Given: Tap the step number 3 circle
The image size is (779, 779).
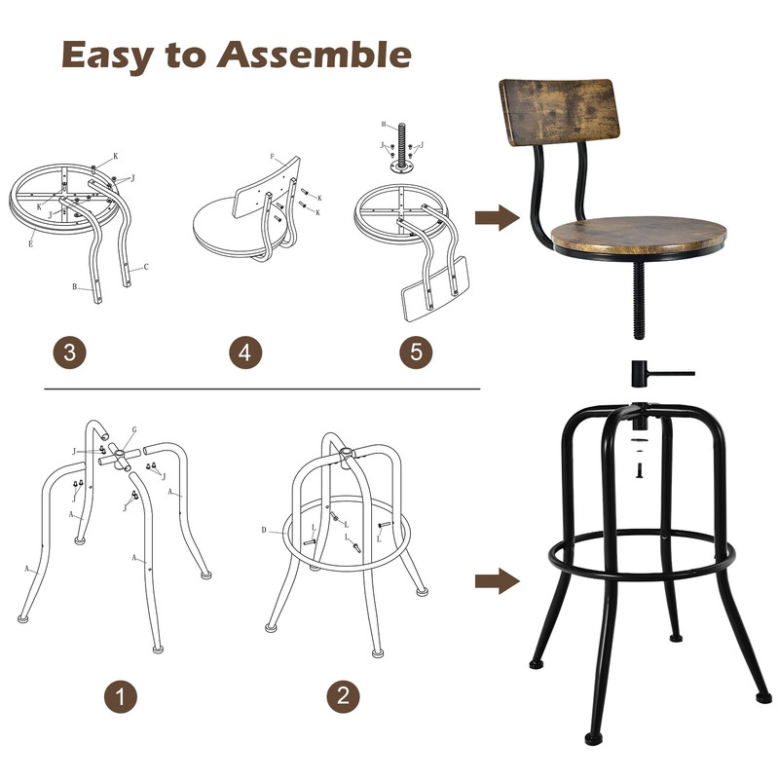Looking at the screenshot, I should [x=68, y=352].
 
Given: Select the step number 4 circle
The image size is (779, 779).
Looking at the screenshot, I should [x=244, y=352].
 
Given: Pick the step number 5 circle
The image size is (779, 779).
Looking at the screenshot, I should [x=416, y=352].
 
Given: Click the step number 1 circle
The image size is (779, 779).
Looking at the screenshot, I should [x=121, y=696].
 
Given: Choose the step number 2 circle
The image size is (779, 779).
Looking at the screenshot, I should [x=342, y=696].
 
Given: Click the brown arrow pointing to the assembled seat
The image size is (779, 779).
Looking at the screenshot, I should [x=496, y=217].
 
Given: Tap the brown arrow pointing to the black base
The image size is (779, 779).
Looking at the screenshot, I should [x=496, y=582].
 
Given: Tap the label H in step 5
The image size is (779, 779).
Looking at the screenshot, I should [x=385, y=126].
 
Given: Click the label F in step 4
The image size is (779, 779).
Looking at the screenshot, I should [x=273, y=156].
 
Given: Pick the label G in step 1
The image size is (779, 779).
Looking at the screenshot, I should [x=133, y=429].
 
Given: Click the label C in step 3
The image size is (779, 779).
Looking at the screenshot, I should [x=146, y=267].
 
